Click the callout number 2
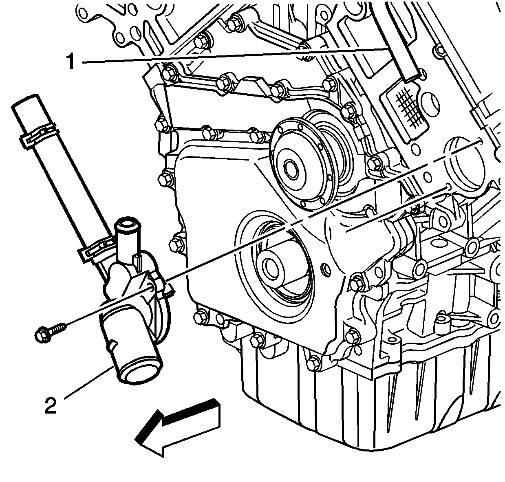pos(51,405)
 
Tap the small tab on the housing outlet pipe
pos(113,344)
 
